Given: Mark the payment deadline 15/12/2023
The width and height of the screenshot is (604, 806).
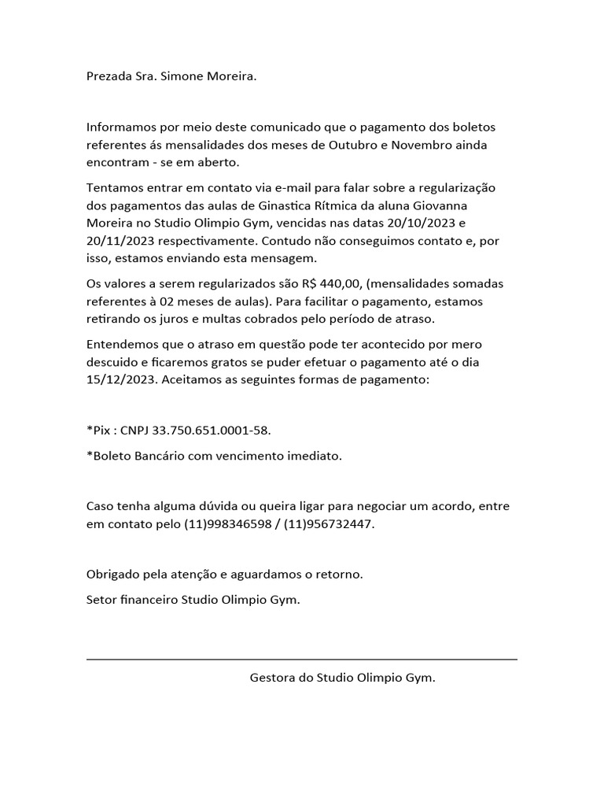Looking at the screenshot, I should point(122,379).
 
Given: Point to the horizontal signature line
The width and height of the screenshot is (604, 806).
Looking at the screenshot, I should point(302,659).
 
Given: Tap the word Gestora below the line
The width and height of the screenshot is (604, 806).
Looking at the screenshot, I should point(271,677).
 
